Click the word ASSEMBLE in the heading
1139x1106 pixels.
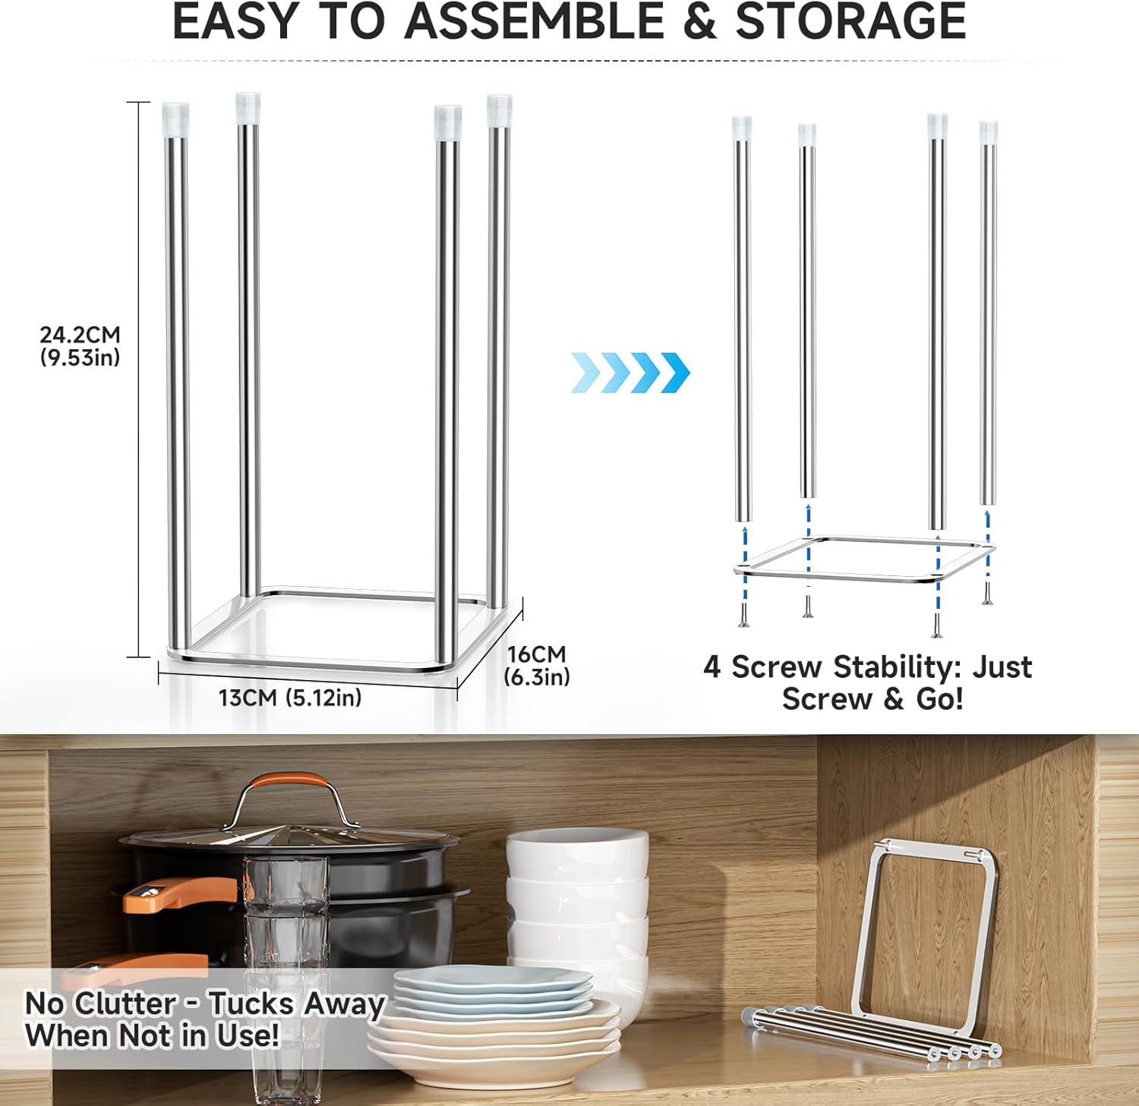pos(534,21)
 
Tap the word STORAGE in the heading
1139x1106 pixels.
pos(850,21)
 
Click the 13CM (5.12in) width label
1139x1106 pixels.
pos(290,697)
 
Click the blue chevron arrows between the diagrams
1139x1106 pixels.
pos(630,372)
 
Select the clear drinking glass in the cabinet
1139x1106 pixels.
pos(286,979)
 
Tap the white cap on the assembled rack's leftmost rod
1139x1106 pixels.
pos(175,119)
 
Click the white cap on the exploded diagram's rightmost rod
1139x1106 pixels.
pos(988,133)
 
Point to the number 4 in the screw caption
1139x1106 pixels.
pos(711,667)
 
